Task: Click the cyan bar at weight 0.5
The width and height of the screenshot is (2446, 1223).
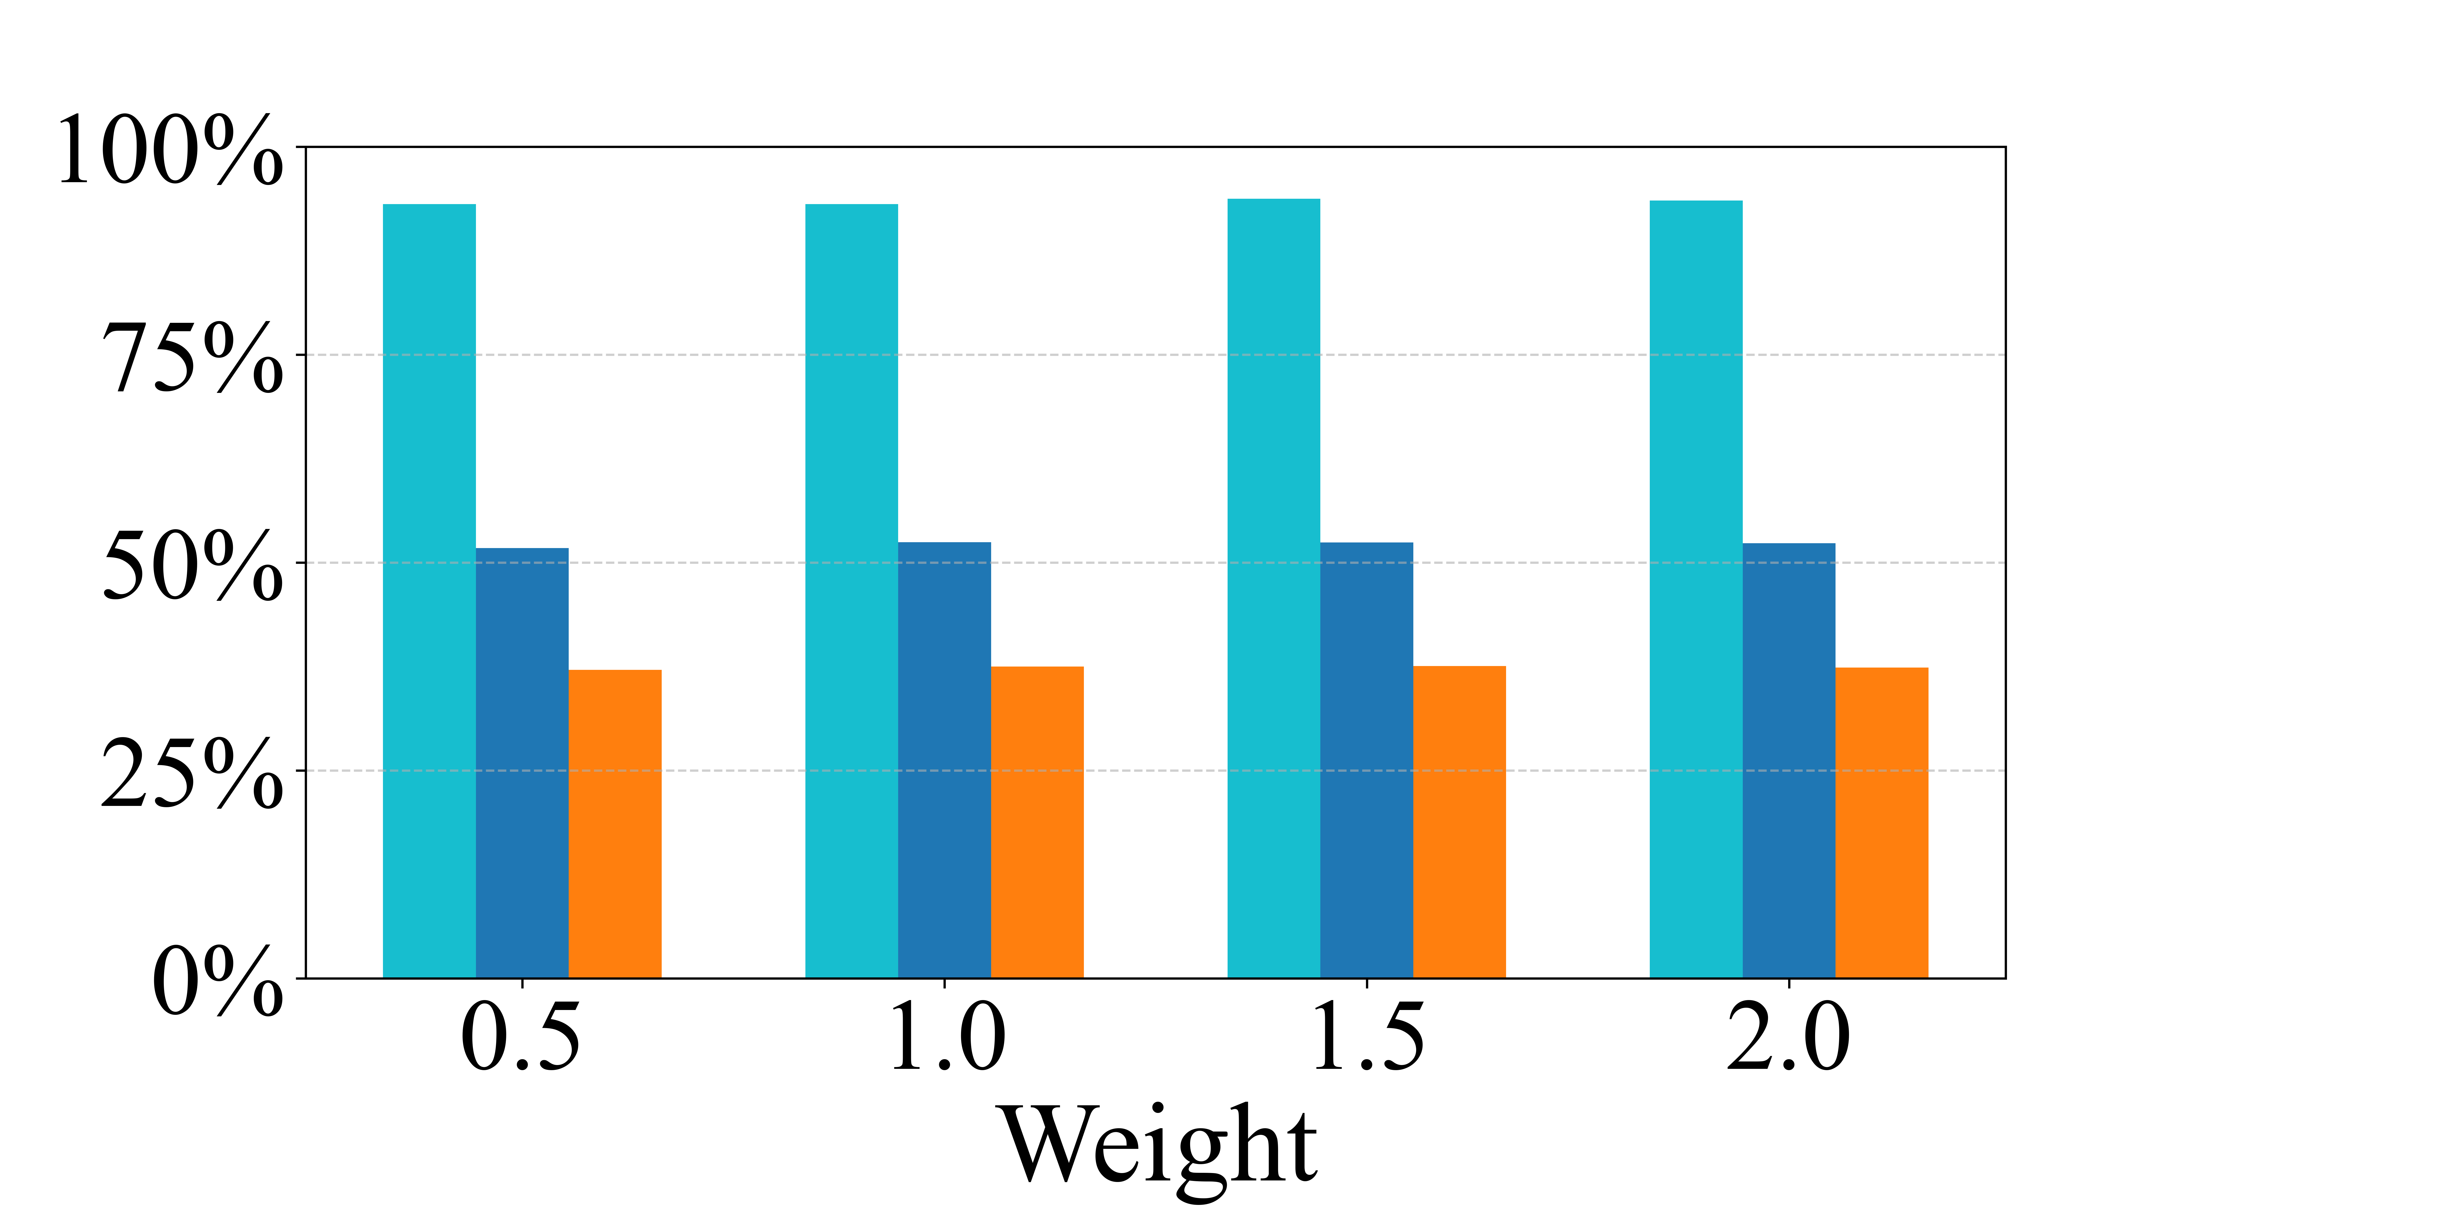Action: pyautogui.click(x=429, y=591)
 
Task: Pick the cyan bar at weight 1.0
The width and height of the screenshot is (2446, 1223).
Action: pyautogui.click(x=852, y=591)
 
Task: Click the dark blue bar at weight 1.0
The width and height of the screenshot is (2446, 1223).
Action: pyautogui.click(x=945, y=760)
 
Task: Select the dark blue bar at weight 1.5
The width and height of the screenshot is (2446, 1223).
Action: pyautogui.click(x=1366, y=760)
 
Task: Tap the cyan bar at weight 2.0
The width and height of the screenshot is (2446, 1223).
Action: pyautogui.click(x=1696, y=589)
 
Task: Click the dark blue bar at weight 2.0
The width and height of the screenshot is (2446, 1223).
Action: pyautogui.click(x=1789, y=761)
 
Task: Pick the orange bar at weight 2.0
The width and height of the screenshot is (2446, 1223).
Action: pyautogui.click(x=1882, y=822)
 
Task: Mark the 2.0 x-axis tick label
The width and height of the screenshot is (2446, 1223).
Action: pyautogui.click(x=1789, y=1038)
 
